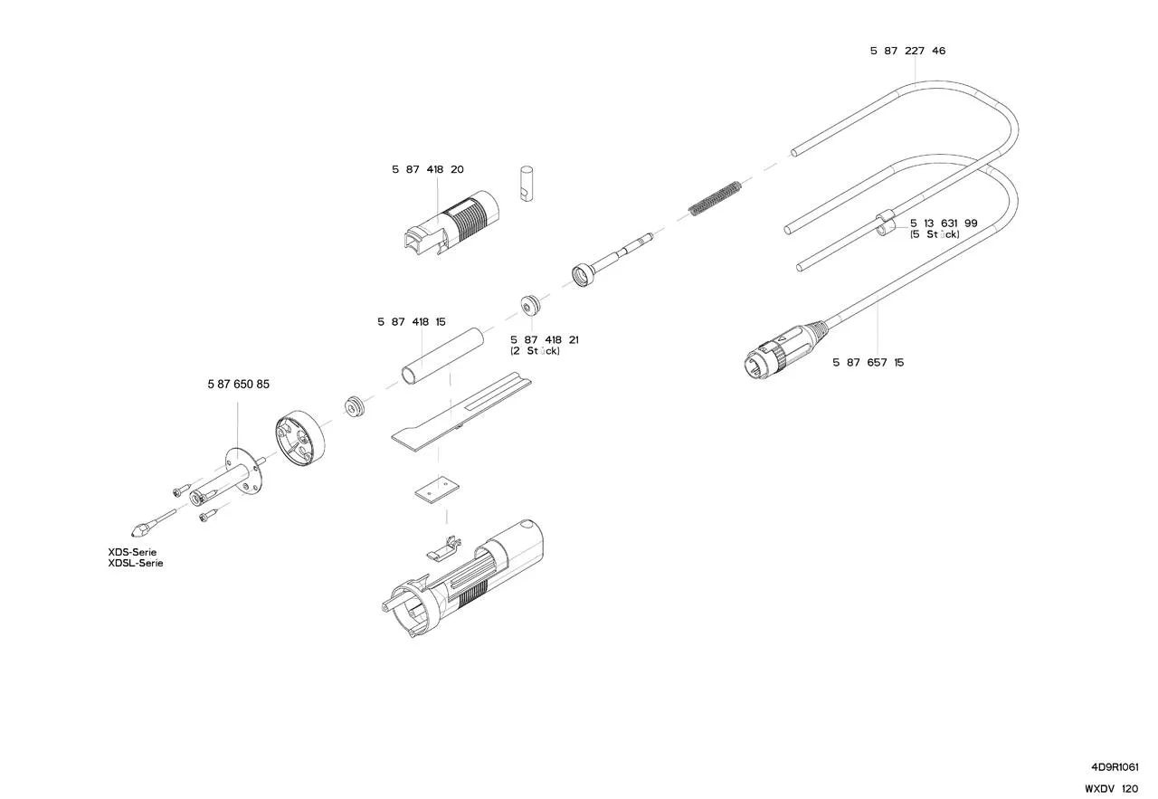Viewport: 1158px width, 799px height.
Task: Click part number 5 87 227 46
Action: (907, 51)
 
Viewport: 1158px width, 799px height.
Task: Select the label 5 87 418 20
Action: (428, 169)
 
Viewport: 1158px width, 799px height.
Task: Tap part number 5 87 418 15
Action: (412, 322)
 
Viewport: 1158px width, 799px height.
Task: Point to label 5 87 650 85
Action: (238, 385)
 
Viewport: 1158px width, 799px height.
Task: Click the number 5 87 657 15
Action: (868, 363)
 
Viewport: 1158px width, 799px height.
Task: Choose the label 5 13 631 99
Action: (944, 223)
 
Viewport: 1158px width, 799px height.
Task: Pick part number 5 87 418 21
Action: (545, 339)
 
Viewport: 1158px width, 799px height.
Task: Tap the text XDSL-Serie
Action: (136, 563)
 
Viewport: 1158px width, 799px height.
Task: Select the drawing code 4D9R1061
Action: (1115, 766)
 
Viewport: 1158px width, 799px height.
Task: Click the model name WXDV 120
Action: (1112, 789)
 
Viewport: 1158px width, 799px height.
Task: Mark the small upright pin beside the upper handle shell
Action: (529, 183)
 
